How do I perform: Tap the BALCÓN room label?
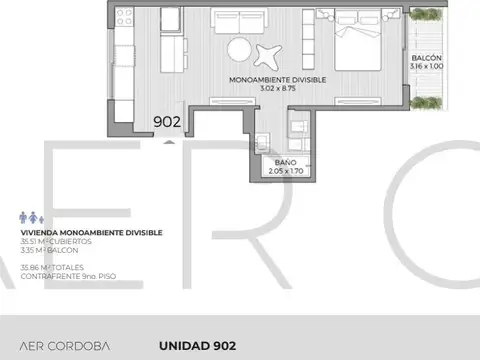point(426,59)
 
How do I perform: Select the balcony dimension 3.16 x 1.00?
point(426,68)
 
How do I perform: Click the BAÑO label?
point(284,162)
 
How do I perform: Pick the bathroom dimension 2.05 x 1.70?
point(284,171)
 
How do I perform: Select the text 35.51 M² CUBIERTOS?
point(56,241)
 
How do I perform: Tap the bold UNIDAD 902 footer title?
point(197,346)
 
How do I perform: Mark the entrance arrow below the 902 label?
point(168,141)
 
